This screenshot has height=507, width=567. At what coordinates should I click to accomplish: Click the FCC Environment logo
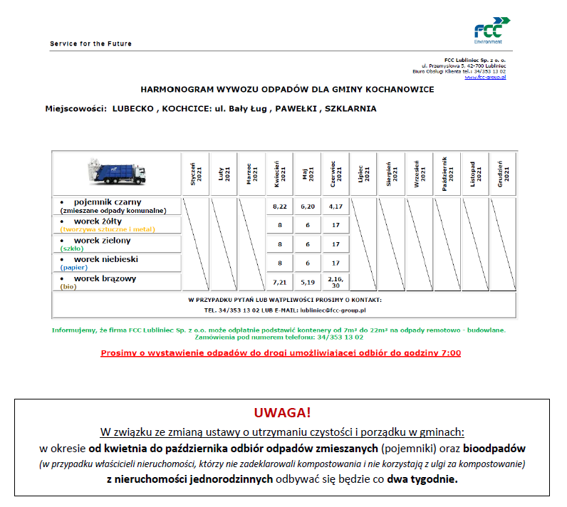pyautogui.click(x=488, y=29)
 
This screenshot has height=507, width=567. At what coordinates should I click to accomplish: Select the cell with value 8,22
pyautogui.click(x=279, y=206)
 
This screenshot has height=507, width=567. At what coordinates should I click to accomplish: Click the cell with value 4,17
pyautogui.click(x=335, y=206)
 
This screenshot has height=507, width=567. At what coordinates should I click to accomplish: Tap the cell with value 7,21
pyautogui.click(x=279, y=281)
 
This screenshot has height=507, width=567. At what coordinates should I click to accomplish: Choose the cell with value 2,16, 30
pyautogui.click(x=335, y=281)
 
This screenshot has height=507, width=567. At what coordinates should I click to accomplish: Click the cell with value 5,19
pyautogui.click(x=307, y=281)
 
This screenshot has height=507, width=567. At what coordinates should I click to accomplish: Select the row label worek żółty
pyautogui.click(x=107, y=221)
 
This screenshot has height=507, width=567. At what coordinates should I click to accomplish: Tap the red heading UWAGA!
pyautogui.click(x=283, y=414)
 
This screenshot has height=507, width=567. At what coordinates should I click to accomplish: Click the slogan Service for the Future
pyautogui.click(x=90, y=44)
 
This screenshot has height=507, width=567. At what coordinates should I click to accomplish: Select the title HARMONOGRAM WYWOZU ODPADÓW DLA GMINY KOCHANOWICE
pyautogui.click(x=286, y=90)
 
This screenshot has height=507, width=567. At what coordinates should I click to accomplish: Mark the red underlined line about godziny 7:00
pyautogui.click(x=281, y=352)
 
